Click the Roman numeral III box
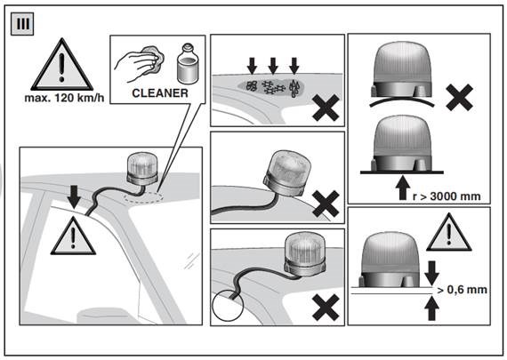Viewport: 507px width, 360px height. tap(22, 24)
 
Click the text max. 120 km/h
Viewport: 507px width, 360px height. tap(64, 98)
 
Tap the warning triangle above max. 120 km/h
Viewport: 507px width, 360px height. tap(62, 65)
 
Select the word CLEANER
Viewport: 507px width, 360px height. tap(160, 93)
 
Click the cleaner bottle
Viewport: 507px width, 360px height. tap(188, 64)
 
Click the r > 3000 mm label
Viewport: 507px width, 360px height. tap(447, 196)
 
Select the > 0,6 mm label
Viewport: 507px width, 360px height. tap(462, 290)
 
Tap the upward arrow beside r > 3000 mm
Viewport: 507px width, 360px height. tap(403, 188)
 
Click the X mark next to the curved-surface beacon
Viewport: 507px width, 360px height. tap(459, 98)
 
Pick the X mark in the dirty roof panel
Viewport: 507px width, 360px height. tap(326, 108)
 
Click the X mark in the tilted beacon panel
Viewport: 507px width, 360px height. tap(326, 204)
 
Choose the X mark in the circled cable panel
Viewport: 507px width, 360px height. tap(326, 308)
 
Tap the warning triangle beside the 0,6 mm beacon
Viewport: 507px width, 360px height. tap(449, 232)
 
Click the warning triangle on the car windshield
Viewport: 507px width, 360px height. tap(73, 236)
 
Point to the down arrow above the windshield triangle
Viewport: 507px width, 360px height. tap(74, 196)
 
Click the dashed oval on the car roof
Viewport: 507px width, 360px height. tap(143, 197)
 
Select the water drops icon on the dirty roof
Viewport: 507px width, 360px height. tap(294, 87)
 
